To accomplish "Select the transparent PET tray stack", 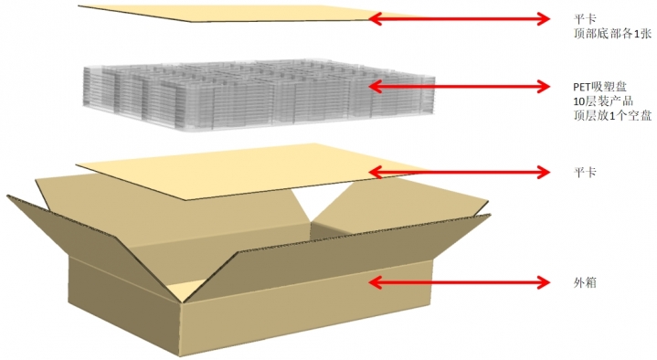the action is [259, 96].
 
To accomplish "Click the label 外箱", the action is [585, 283].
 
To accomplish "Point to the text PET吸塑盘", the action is [599, 87].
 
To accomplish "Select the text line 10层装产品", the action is [603, 101].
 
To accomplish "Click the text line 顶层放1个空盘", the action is [612, 115].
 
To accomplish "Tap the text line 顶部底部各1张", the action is [612, 34].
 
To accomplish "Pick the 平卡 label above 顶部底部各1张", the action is [585, 19].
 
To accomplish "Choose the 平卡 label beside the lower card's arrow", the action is [585, 172].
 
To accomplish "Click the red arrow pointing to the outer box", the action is [459, 282].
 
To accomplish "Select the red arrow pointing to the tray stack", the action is [459, 87].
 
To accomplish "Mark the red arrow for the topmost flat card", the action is [459, 18].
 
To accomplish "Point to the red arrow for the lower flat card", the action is [459, 172].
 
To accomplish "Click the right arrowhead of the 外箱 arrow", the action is [544, 282].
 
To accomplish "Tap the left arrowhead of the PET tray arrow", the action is [375, 87].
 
